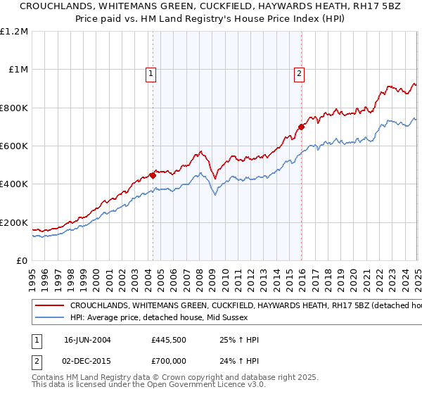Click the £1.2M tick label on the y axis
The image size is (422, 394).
coord(14,32)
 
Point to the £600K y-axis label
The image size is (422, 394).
coord(14,146)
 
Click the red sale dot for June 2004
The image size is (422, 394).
coord(153,176)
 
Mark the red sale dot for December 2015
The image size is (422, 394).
coord(301,127)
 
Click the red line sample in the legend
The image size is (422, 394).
coord(50,307)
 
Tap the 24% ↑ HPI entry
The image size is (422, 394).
coord(239,360)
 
